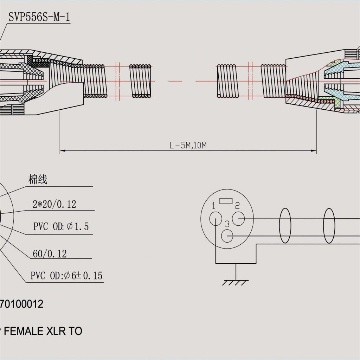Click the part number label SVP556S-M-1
[x=39, y=17]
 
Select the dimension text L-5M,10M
[x=188, y=146]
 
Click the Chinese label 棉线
[x=38, y=180]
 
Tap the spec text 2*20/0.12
[x=54, y=204]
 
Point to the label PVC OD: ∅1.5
[x=61, y=227]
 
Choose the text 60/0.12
[x=50, y=254]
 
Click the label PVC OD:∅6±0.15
[x=66, y=276]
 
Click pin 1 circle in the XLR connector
[x=215, y=220]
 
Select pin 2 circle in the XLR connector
[x=239, y=219]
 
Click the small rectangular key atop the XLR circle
[x=226, y=201]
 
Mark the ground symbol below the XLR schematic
[x=235, y=281]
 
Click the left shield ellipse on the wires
[x=285, y=225]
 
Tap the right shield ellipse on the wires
[x=329, y=225]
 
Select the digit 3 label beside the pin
[x=227, y=224]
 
